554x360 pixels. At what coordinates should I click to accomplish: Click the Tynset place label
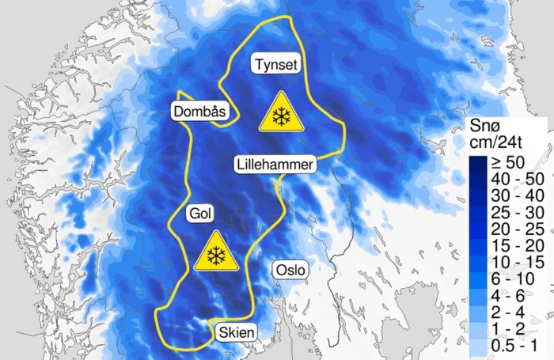275,64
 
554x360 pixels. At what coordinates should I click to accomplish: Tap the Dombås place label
199,112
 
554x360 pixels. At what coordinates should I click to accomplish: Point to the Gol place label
198,214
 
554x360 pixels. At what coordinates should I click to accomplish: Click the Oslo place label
290,270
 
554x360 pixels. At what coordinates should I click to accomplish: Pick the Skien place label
235,333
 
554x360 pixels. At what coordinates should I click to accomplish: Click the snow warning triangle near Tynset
280,113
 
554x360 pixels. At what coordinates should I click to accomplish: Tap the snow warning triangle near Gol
214,252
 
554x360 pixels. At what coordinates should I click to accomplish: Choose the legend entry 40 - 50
510,178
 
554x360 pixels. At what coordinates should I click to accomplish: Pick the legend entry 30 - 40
510,194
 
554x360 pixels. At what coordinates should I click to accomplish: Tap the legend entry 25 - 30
510,210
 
